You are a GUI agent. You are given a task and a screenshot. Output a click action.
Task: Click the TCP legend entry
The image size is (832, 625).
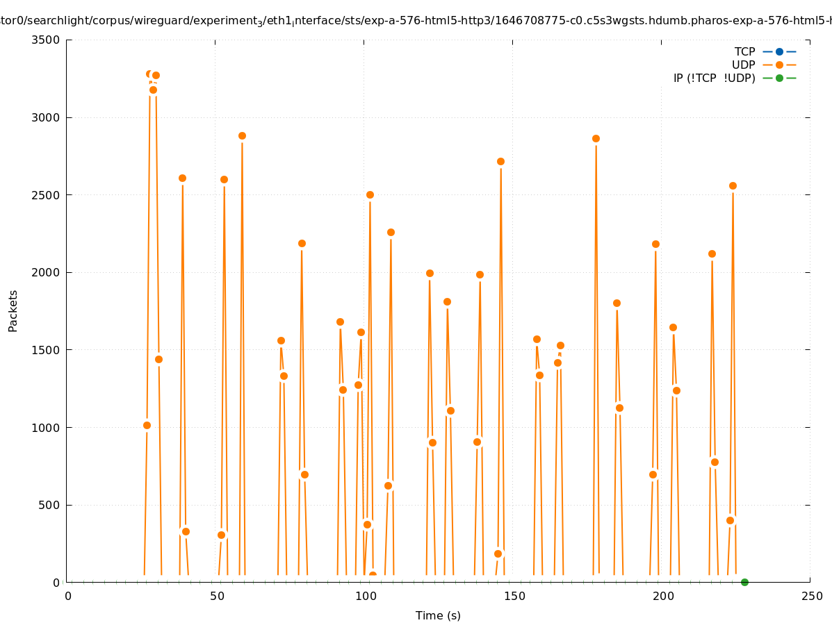(744, 52)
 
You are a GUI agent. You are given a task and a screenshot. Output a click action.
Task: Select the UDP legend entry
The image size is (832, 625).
(743, 65)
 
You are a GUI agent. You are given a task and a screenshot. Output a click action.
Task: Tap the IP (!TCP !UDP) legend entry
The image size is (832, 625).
(714, 78)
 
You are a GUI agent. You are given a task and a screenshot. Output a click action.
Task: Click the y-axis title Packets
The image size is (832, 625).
(13, 310)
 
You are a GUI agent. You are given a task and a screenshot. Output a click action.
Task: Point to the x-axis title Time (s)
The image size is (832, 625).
(438, 616)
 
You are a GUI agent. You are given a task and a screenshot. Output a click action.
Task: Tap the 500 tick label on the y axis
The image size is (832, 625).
(49, 506)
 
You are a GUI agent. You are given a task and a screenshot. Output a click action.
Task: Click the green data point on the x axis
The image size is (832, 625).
(744, 582)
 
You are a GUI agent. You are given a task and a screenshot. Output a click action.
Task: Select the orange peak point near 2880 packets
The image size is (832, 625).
(242, 136)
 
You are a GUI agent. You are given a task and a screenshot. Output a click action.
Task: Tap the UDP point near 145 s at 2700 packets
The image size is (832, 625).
(500, 162)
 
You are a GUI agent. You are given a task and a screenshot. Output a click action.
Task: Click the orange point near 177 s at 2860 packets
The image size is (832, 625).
(596, 139)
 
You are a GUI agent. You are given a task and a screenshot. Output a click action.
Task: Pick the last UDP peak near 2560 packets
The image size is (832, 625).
(733, 186)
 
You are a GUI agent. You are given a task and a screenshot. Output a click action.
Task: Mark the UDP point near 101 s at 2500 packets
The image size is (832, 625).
(370, 195)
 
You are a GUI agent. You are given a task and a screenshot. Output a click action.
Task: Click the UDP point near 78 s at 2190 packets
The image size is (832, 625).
(302, 244)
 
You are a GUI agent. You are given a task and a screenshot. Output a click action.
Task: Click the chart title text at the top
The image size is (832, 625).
(416, 21)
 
